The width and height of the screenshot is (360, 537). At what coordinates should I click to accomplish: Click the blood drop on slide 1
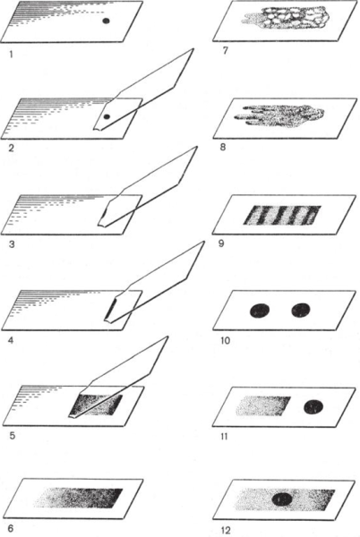(x=107, y=21)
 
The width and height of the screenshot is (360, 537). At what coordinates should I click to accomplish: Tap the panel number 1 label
(x=11, y=54)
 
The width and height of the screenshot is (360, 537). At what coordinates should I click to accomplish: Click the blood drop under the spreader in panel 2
(x=107, y=116)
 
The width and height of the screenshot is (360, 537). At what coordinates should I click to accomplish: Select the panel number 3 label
(x=12, y=245)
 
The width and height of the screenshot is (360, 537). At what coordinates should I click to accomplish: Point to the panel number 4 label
(x=11, y=341)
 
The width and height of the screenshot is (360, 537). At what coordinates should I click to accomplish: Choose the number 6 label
(x=11, y=528)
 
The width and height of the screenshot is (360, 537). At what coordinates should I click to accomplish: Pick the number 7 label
(x=225, y=51)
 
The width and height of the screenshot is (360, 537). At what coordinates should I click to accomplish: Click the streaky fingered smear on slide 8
(x=279, y=115)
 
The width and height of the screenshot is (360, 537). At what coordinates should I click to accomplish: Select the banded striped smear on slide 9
(x=282, y=215)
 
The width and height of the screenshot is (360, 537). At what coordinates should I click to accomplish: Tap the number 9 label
(x=221, y=243)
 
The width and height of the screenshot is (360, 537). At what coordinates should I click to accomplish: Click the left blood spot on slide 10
(x=260, y=311)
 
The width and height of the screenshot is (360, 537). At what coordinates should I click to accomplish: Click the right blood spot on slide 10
(x=301, y=311)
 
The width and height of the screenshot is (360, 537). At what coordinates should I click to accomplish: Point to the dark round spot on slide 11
(x=313, y=406)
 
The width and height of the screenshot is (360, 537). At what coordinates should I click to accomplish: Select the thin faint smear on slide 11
(x=263, y=406)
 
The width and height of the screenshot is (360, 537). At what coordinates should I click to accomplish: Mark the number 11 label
(x=225, y=437)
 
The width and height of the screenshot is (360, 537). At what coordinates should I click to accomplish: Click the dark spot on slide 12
(x=283, y=499)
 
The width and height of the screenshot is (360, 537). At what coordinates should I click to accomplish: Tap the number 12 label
(x=226, y=531)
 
